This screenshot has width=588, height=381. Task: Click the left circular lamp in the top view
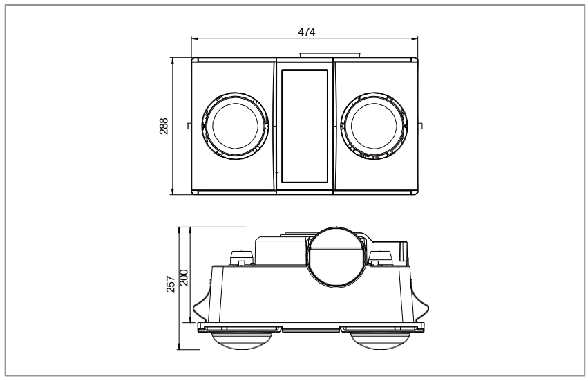pyautogui.click(x=235, y=126)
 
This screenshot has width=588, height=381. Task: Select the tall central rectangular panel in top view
pyautogui.click(x=305, y=126)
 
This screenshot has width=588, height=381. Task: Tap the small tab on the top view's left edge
pyautogui.click(x=188, y=125)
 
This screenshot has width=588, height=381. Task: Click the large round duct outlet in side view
pyautogui.click(x=336, y=257)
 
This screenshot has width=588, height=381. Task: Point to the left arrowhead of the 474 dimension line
pyautogui.click(x=194, y=39)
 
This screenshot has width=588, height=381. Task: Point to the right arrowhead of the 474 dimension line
pyautogui.click(x=416, y=39)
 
